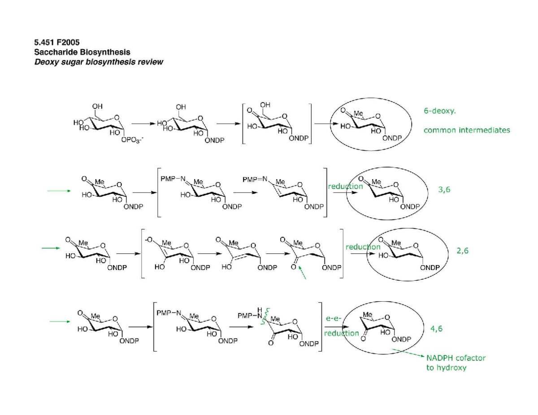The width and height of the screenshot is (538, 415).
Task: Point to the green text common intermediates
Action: point(467,131)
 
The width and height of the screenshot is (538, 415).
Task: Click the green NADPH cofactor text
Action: point(456,358)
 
